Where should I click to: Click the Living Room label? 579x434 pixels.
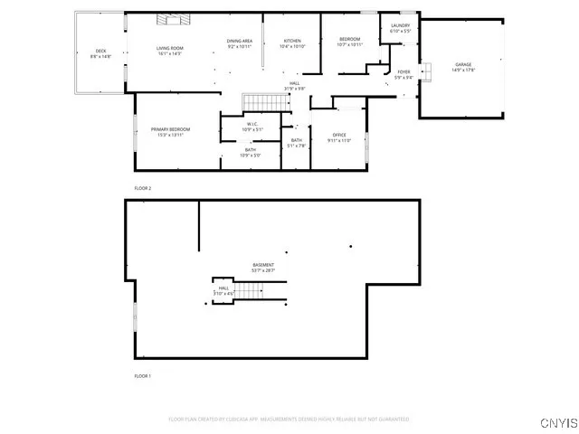click(x=169, y=48)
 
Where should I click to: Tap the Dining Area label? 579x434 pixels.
click(x=240, y=42)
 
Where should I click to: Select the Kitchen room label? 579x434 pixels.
click(x=292, y=42)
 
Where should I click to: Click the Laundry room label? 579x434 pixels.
click(x=401, y=25)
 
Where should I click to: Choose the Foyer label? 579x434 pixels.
click(x=403, y=71)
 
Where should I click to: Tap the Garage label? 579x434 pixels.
click(x=464, y=65)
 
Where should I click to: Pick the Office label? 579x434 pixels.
click(x=339, y=135)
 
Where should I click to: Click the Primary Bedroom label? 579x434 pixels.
click(x=170, y=129)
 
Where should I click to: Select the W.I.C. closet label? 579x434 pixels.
click(x=252, y=124)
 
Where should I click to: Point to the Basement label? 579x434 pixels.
click(x=263, y=265)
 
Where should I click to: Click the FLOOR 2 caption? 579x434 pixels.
click(x=143, y=188)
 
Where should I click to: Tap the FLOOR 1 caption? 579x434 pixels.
click(x=143, y=375)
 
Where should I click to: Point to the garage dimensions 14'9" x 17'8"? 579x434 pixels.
click(x=464, y=70)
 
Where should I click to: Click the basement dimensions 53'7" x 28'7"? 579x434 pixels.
click(x=263, y=270)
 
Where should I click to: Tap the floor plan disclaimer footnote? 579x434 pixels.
click(x=289, y=420)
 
